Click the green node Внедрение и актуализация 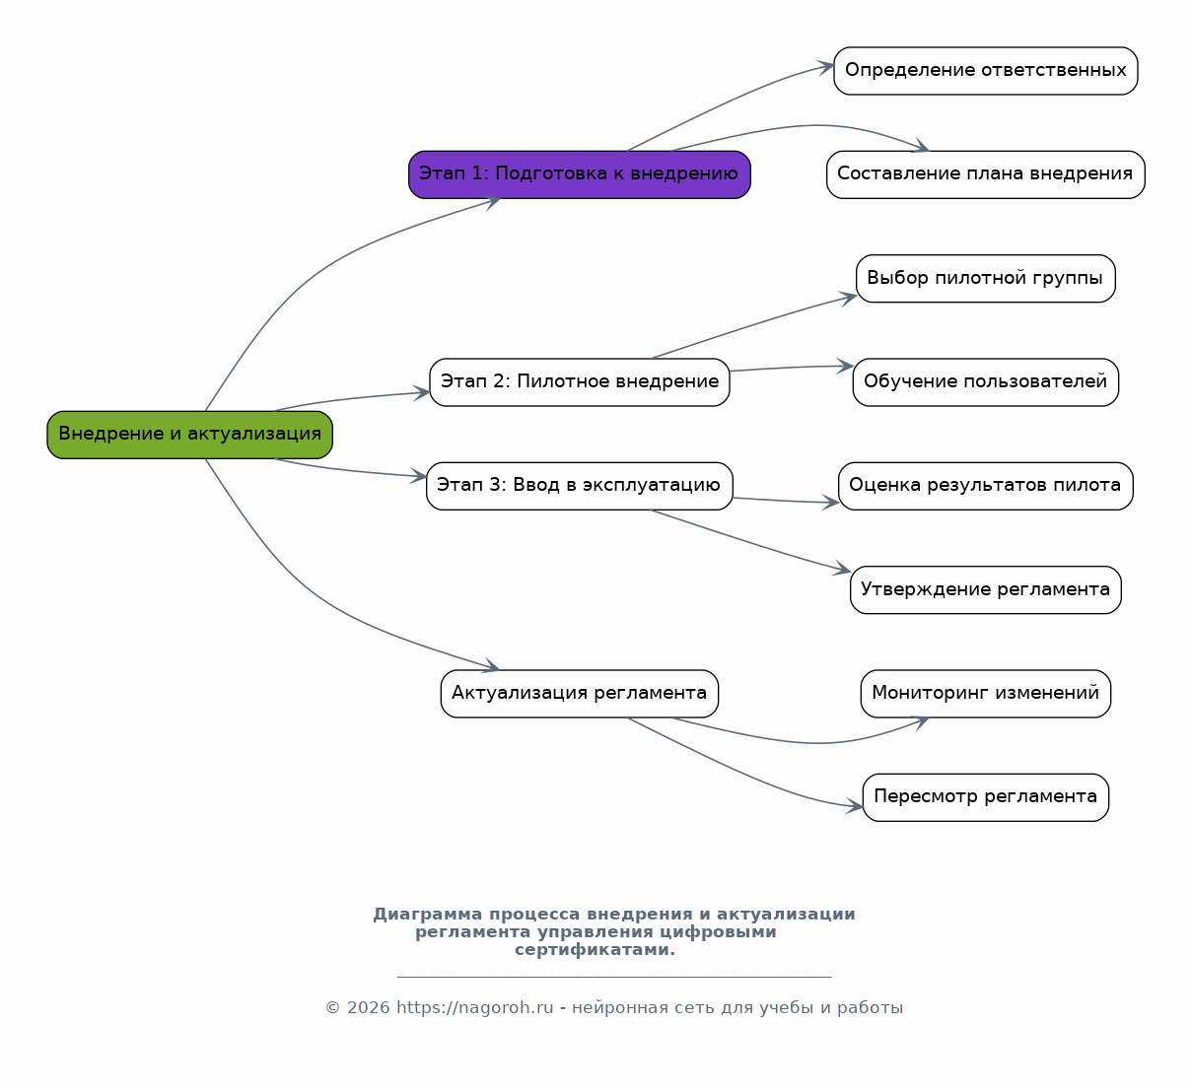pyautogui.click(x=189, y=435)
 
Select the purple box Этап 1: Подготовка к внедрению pyautogui.click(x=580, y=174)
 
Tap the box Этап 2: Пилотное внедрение pyautogui.click(x=580, y=382)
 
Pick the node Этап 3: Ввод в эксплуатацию pyautogui.click(x=580, y=486)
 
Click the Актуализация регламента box pyautogui.click(x=580, y=694)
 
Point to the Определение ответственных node pyautogui.click(x=986, y=71)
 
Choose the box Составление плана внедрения pyautogui.click(x=986, y=174)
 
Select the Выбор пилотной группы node pyautogui.click(x=986, y=279)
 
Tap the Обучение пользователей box pyautogui.click(x=986, y=382)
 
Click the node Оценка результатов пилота pyautogui.click(x=986, y=486)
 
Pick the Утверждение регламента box pyautogui.click(x=986, y=589)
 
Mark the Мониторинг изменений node pyautogui.click(x=986, y=694)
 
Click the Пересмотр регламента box pyautogui.click(x=986, y=797)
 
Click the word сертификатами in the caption pyautogui.click(x=595, y=950)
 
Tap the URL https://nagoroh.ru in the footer pyautogui.click(x=475, y=1008)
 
